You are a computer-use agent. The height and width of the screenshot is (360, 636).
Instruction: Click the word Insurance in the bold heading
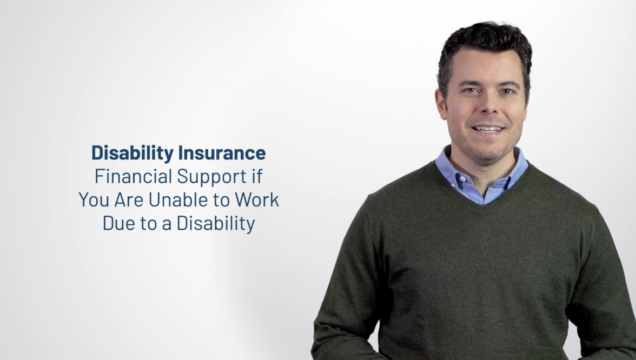222,153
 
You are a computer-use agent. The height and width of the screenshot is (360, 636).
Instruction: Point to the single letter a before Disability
167,225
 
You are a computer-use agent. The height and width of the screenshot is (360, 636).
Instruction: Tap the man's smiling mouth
488,129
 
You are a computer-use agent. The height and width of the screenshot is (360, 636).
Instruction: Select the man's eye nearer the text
471,90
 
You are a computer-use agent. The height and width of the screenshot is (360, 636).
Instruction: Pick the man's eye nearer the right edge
507,91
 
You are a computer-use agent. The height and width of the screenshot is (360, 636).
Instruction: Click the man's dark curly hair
485,41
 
